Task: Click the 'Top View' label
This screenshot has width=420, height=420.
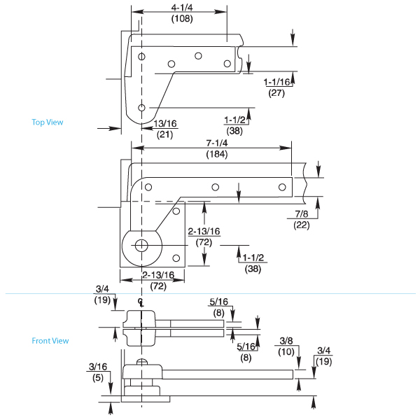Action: tap(48, 122)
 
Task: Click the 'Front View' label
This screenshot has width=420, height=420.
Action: tap(50, 341)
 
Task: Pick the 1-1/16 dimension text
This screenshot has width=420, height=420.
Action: tap(277, 83)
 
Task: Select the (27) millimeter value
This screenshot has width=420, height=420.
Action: tap(276, 93)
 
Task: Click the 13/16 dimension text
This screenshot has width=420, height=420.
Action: tap(166, 124)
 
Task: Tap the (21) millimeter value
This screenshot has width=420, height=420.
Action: tap(165, 134)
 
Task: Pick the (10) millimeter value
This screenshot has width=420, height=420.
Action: tap(286, 351)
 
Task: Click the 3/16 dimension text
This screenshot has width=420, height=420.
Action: tap(98, 365)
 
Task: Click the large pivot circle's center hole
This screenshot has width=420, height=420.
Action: tap(141, 245)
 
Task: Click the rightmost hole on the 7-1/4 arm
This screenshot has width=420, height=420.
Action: tap(281, 187)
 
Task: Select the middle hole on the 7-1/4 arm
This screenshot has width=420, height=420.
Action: tap(216, 187)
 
